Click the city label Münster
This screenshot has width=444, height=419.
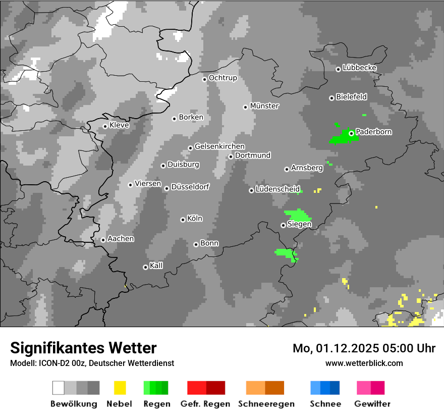click(264, 106)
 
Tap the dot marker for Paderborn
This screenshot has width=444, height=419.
click(351, 133)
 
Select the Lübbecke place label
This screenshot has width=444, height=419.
click(359, 68)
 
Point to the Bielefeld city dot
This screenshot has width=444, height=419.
click(331, 98)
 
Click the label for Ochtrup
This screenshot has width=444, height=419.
click(223, 78)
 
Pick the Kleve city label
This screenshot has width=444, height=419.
click(119, 125)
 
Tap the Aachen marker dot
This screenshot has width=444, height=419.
click(103, 240)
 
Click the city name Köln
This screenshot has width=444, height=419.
click(195, 219)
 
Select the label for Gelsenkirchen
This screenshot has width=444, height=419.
click(219, 146)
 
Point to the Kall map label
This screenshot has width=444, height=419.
click(156, 266)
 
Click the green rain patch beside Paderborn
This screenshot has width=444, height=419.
click(341, 137)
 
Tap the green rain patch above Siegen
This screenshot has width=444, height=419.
click(298, 215)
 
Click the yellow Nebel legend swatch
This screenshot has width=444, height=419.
click(120, 388)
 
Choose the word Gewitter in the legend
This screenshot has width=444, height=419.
click(372, 404)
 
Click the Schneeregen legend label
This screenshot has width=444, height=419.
click(266, 404)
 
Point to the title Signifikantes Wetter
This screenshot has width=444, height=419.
click(83, 348)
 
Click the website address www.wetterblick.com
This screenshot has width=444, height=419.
click(364, 363)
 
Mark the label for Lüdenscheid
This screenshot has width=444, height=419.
click(277, 189)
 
